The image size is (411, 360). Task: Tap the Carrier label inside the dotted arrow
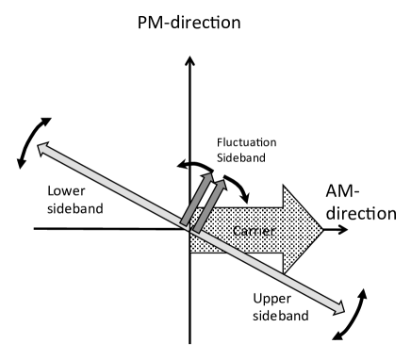pyautogui.click(x=247, y=229)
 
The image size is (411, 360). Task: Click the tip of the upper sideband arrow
pyautogui.click(x=341, y=308)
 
